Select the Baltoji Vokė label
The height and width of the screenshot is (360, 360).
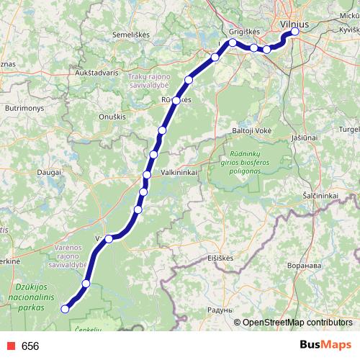[251, 130]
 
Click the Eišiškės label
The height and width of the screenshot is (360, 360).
[222, 257]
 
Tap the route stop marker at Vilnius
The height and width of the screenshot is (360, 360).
[295, 32]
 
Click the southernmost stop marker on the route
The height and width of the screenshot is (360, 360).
[65, 309]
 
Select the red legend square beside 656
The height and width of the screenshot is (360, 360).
[8, 346]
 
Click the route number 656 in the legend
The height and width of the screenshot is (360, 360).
[30, 346]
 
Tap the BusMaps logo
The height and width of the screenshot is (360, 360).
[325, 345]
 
